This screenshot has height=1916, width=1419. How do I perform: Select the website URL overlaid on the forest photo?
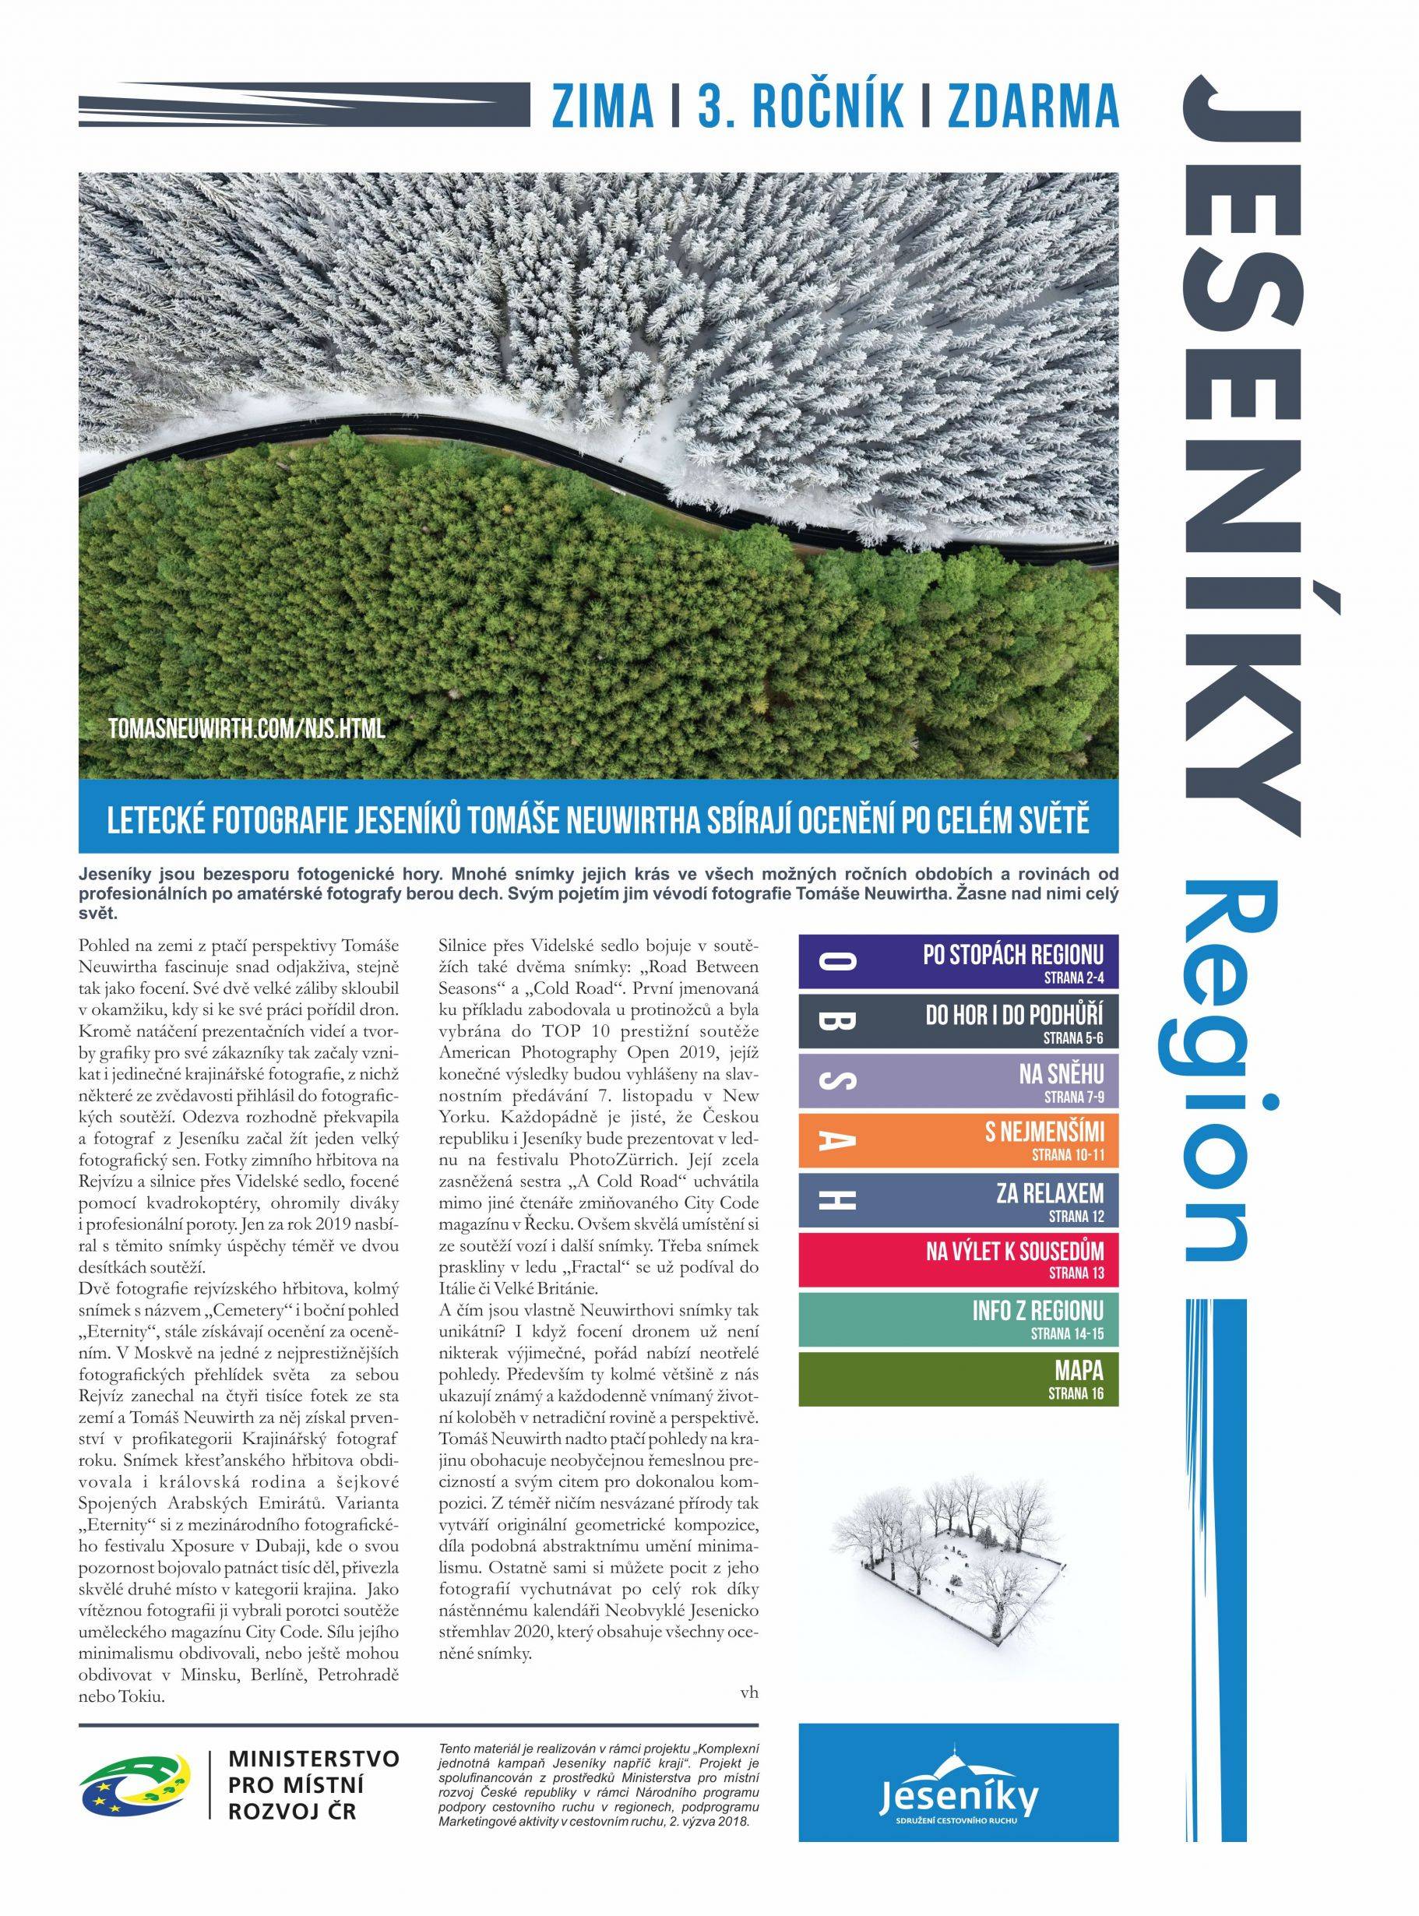[x=247, y=730]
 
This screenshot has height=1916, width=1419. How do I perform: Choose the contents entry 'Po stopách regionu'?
[x=959, y=962]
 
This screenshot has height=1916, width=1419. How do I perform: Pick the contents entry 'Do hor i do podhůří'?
[x=959, y=1021]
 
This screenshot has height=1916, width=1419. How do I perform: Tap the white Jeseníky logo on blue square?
[x=959, y=1765]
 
